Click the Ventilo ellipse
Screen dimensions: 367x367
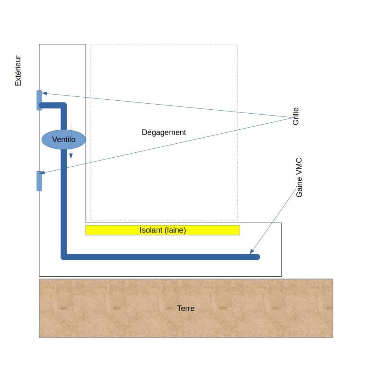(x=64, y=139)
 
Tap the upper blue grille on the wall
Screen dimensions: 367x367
(x=39, y=100)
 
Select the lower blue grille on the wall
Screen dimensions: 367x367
(x=39, y=181)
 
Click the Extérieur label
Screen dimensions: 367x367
(x=18, y=71)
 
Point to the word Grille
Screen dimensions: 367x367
(x=296, y=116)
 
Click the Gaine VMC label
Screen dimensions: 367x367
(x=299, y=177)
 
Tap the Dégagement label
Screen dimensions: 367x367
(x=164, y=132)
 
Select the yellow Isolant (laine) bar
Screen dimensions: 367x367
(x=162, y=230)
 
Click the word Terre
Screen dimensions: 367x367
(x=186, y=308)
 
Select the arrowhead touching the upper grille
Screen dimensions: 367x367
(x=44, y=94)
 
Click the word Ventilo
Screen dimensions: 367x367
(x=64, y=139)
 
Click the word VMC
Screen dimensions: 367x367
(x=299, y=166)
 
